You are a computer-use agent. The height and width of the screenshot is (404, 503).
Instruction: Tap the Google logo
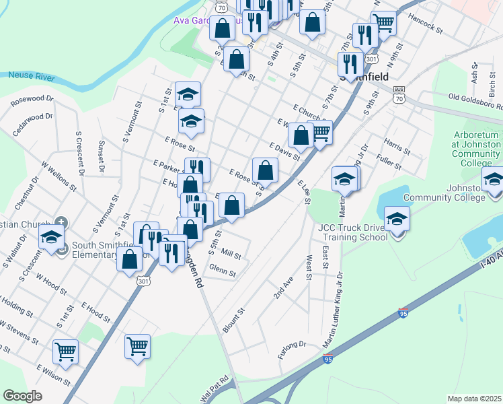click(x=22, y=396)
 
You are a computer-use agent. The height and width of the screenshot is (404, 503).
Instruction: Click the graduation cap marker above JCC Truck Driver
click(x=397, y=220)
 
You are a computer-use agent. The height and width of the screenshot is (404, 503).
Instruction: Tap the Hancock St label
click(x=426, y=31)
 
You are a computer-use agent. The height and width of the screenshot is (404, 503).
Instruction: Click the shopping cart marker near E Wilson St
click(x=65, y=351)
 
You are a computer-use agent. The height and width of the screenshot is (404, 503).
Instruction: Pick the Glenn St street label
click(x=223, y=271)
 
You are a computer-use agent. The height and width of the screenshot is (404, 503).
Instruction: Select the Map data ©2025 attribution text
click(x=473, y=399)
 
